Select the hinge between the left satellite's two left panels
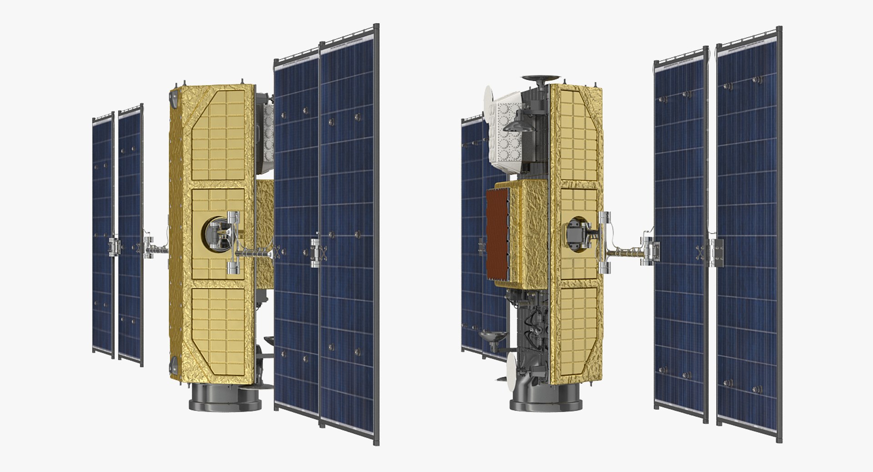tap(114, 246)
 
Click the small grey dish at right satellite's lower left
tap(493, 337)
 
